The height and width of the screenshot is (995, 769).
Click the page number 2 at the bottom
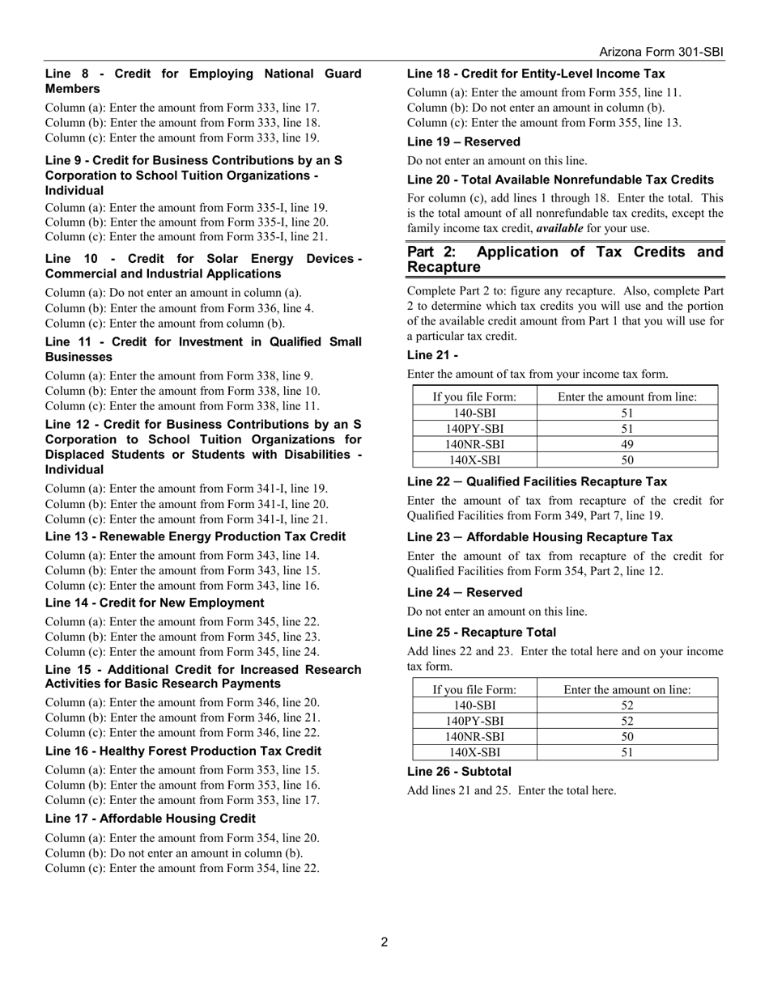384,942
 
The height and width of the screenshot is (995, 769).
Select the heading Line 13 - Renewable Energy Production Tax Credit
195,536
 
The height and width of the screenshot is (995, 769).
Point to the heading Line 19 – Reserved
463,142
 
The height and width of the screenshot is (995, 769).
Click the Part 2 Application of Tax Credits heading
565,259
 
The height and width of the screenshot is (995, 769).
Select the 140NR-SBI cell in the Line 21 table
474,444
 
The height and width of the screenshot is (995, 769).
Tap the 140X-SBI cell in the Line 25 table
474,752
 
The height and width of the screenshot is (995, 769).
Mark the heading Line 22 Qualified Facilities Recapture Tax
537,481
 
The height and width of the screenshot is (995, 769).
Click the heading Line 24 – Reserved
464,592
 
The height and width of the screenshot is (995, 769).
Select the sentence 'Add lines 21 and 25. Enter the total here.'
511,790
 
